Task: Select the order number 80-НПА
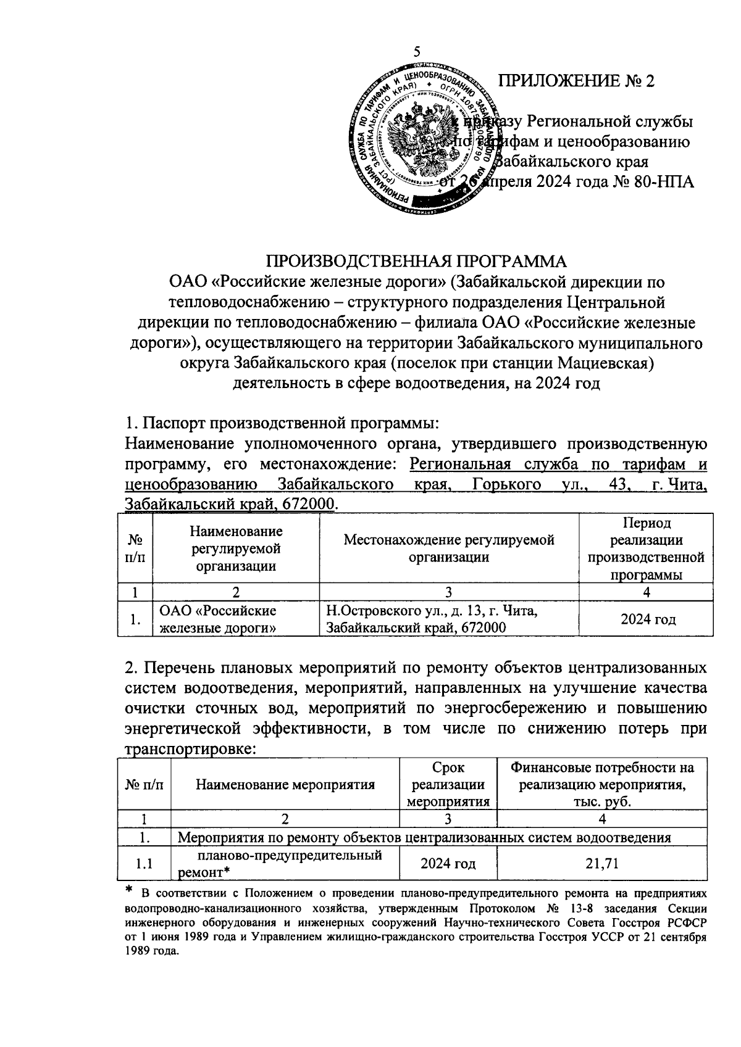click(664, 182)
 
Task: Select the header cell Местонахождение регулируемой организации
click(449, 548)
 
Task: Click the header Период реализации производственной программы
click(646, 548)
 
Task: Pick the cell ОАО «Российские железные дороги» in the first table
click(217, 619)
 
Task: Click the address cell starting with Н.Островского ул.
click(432, 619)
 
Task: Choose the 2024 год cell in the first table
click(646, 619)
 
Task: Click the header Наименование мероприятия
click(285, 785)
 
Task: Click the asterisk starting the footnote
click(130, 890)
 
